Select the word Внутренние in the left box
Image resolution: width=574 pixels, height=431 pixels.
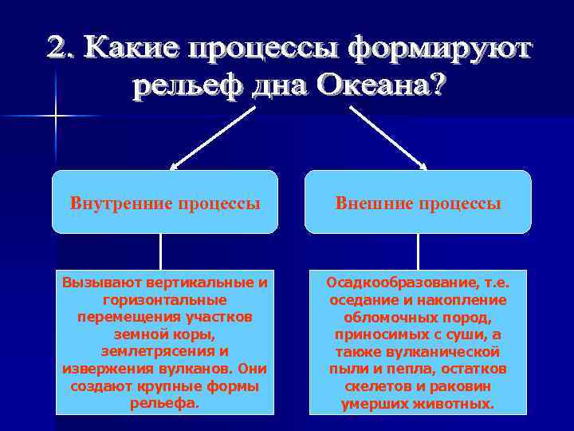tap(119, 203)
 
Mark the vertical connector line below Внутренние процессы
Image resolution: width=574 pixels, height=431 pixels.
tap(161, 252)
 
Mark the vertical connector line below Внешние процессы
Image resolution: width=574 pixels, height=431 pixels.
tap(418, 252)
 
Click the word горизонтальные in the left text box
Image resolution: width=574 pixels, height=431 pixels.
tap(165, 300)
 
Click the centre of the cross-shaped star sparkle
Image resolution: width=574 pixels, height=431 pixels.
tap(56, 117)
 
